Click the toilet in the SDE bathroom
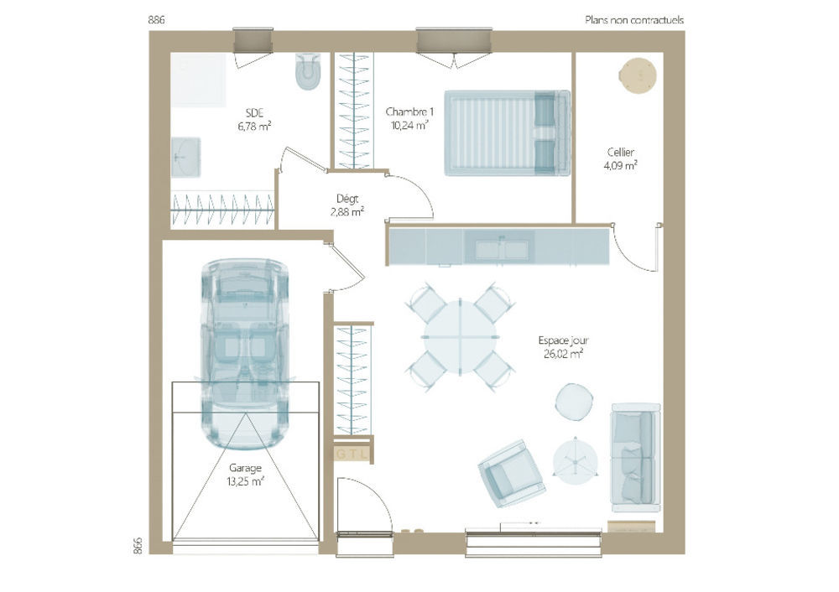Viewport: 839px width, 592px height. pos(308,71)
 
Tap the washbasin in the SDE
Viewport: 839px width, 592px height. pos(185,158)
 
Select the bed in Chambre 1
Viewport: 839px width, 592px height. pos(507,132)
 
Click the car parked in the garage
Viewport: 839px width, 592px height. pos(245,354)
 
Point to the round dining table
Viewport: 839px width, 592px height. pos(460,337)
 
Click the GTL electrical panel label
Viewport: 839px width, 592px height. pos(352,454)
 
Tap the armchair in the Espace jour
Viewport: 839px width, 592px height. pos(512,474)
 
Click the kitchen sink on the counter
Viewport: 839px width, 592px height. pos(502,249)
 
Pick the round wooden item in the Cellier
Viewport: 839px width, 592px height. pos(638,76)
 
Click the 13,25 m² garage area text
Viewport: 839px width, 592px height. pos(245,481)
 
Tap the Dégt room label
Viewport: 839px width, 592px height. pos(347,199)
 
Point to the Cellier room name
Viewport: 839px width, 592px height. pos(621,153)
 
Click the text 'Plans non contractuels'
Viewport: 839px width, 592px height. pos(634,20)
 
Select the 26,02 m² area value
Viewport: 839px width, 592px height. pos(563,354)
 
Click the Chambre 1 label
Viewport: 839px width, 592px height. pos(409,112)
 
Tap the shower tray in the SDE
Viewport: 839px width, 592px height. pos(199,80)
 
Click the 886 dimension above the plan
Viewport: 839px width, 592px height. pos(156,20)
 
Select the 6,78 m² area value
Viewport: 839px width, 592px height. pos(254,127)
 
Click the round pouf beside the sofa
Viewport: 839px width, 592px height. pos(574,402)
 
